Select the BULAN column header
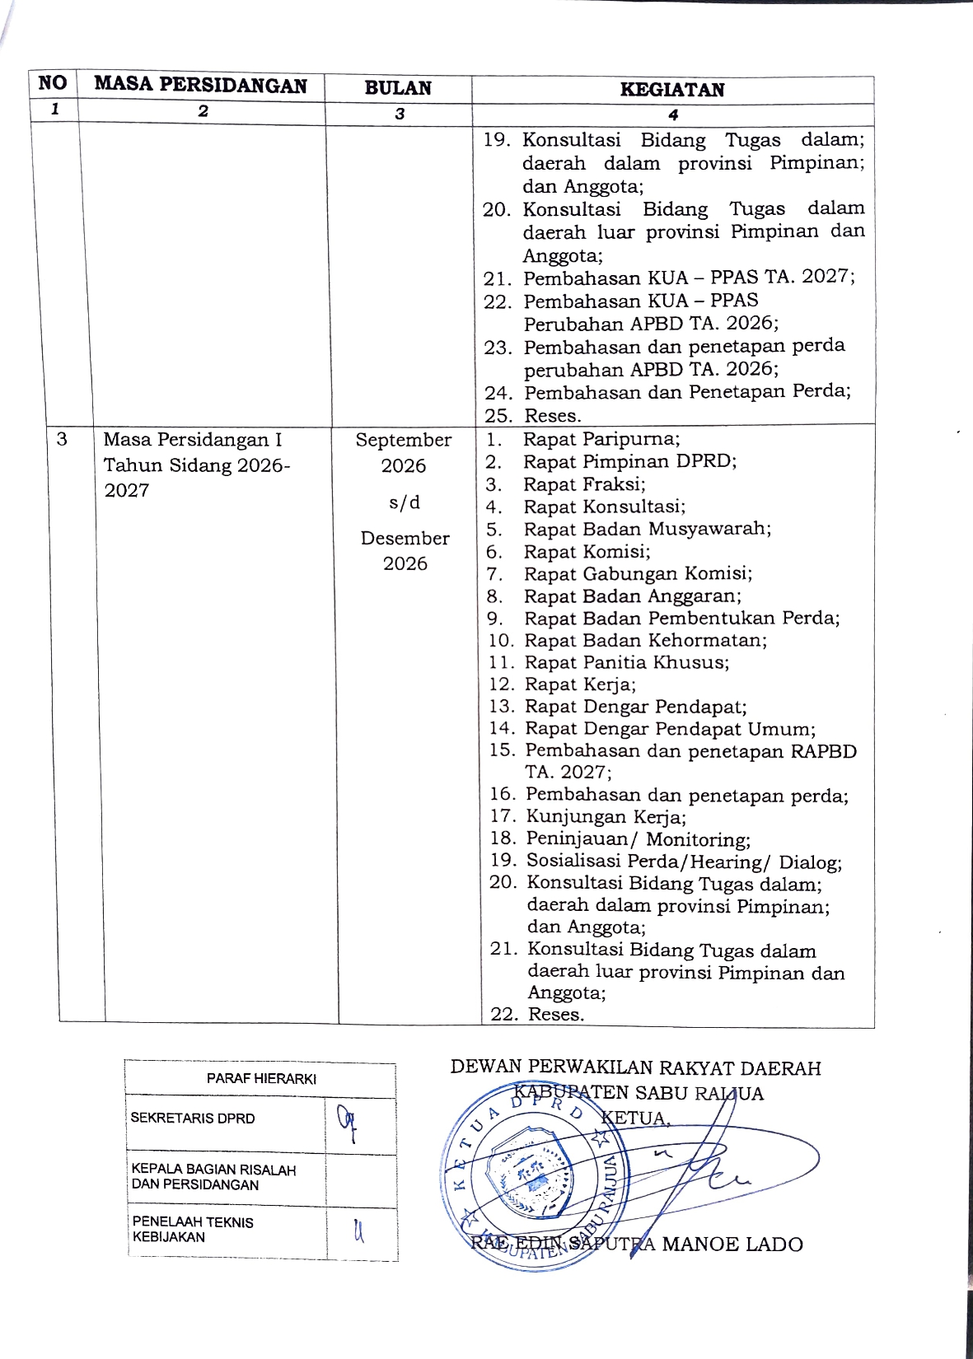pyautogui.click(x=398, y=88)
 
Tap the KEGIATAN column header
pyautogui.click(x=672, y=90)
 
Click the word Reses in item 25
pyautogui.click(x=553, y=416)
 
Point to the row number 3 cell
pyautogui.click(x=62, y=439)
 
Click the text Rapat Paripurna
pyautogui.click(x=601, y=439)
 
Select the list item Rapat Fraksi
pyautogui.click(x=584, y=484)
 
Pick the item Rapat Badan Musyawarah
pyautogui.click(x=647, y=529)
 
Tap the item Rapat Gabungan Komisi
pyautogui.click(x=638, y=573)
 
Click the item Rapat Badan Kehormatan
pyautogui.click(x=645, y=640)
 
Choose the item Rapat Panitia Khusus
pyautogui.click(x=626, y=662)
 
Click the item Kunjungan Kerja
pyautogui.click(x=606, y=817)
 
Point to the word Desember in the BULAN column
pyautogui.click(x=405, y=539)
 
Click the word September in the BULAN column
pyautogui.click(x=403, y=441)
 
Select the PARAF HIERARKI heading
pyautogui.click(x=261, y=1079)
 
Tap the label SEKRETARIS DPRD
pyautogui.click(x=193, y=1118)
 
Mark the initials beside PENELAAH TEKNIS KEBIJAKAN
pyautogui.click(x=358, y=1231)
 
